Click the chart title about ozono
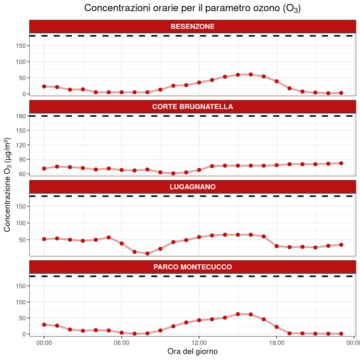point(192,8)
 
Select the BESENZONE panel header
point(192,26)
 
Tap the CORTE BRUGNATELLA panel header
point(192,107)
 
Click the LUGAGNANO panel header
point(192,187)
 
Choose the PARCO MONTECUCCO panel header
point(192,267)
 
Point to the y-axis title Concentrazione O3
point(8,185)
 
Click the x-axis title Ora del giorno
point(192,351)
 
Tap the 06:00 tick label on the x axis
point(121,342)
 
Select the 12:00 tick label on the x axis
point(199,342)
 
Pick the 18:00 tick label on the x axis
point(277,342)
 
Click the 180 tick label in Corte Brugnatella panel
point(22,116)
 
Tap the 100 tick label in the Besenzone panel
point(22,62)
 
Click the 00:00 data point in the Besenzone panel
point(44,86)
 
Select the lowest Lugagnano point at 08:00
point(147,254)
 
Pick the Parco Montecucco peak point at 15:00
point(238,314)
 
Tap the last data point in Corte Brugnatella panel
point(341,163)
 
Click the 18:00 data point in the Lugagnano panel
point(277,246)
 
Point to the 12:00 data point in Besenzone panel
point(199,83)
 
